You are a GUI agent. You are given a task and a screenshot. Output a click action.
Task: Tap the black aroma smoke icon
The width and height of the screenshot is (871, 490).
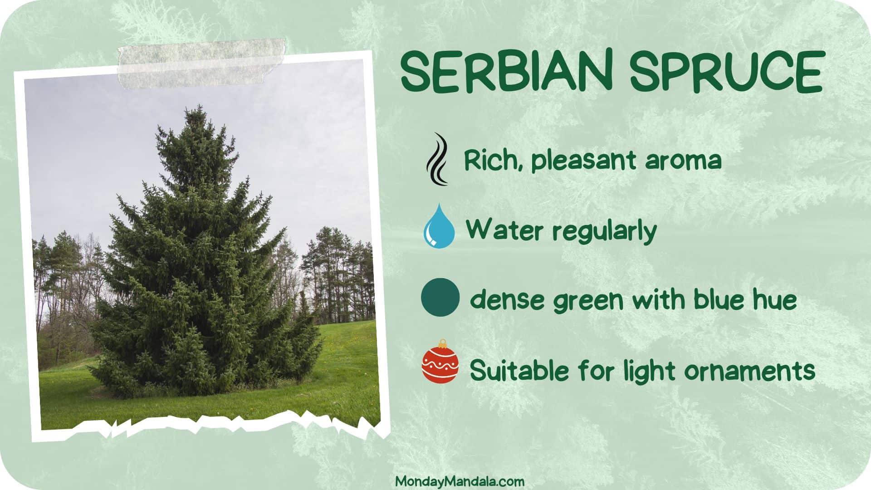coord(437,159)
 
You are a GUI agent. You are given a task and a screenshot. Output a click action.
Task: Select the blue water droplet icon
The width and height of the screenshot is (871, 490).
coord(439,225)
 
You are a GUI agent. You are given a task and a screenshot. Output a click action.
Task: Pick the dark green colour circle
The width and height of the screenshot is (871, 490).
coord(440,297)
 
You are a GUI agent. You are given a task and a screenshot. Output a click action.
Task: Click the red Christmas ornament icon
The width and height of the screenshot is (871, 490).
coord(440,362)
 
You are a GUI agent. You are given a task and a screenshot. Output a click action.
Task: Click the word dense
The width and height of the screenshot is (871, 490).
coord(507,300)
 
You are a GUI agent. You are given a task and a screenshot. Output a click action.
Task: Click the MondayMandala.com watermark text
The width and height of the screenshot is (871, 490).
coord(460,481)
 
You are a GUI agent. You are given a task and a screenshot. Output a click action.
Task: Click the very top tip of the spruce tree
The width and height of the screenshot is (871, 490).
coord(198,105)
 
